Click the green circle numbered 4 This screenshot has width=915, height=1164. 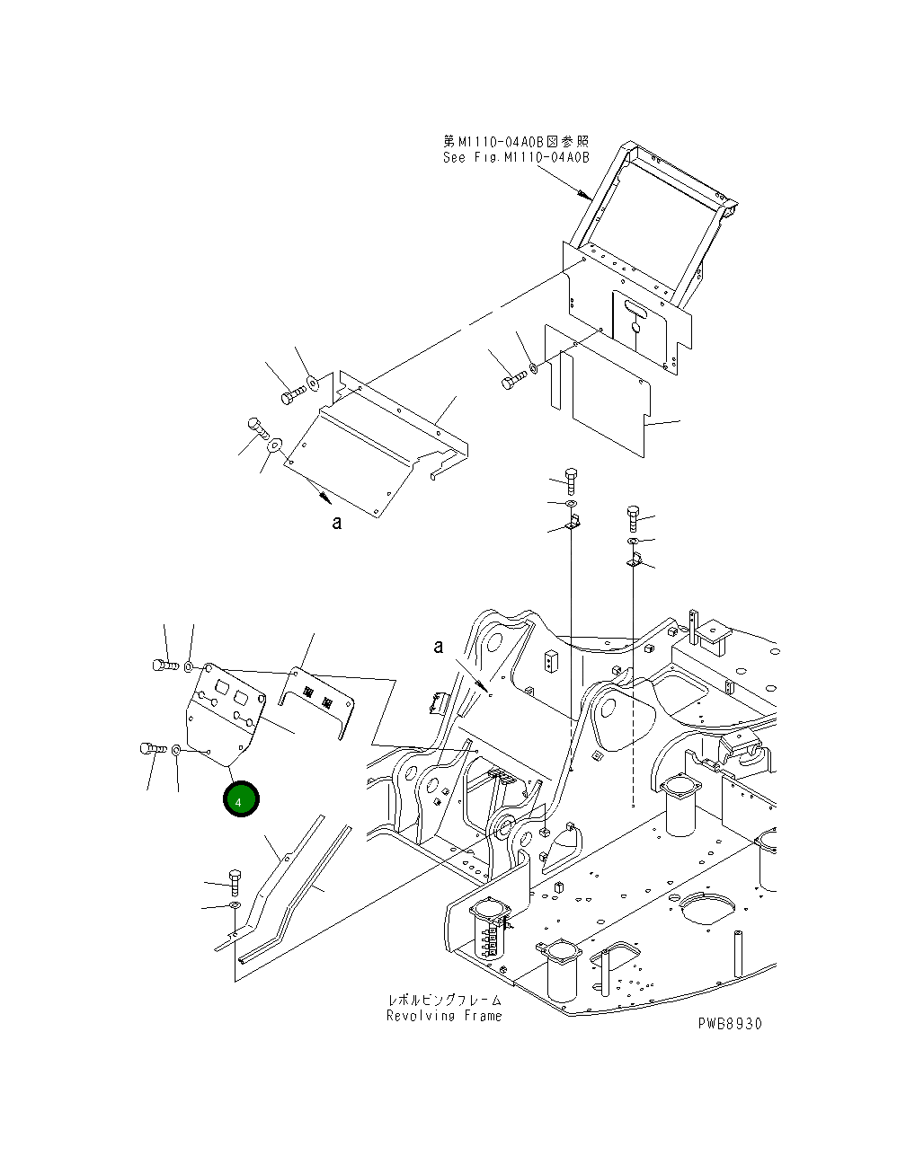(x=241, y=799)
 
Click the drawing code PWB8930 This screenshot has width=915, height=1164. (x=728, y=1024)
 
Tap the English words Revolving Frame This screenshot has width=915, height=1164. (x=444, y=1016)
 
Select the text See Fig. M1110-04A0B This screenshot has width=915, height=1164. (x=516, y=157)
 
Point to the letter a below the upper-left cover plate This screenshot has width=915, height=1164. (x=337, y=523)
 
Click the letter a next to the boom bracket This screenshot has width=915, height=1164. (x=439, y=646)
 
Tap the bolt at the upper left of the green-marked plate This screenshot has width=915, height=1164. (x=160, y=666)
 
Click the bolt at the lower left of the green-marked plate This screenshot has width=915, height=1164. (x=149, y=748)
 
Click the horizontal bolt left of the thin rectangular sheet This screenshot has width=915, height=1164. (x=510, y=382)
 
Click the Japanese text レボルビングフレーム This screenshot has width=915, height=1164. (x=444, y=1000)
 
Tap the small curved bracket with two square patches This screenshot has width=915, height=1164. (x=317, y=698)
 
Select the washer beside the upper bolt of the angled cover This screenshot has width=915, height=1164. (x=313, y=384)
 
